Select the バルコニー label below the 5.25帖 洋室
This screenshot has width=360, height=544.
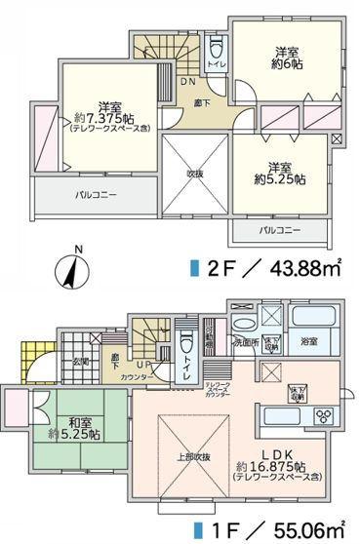click(x=279, y=230)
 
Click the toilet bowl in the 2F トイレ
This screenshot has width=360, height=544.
click(x=217, y=49)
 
